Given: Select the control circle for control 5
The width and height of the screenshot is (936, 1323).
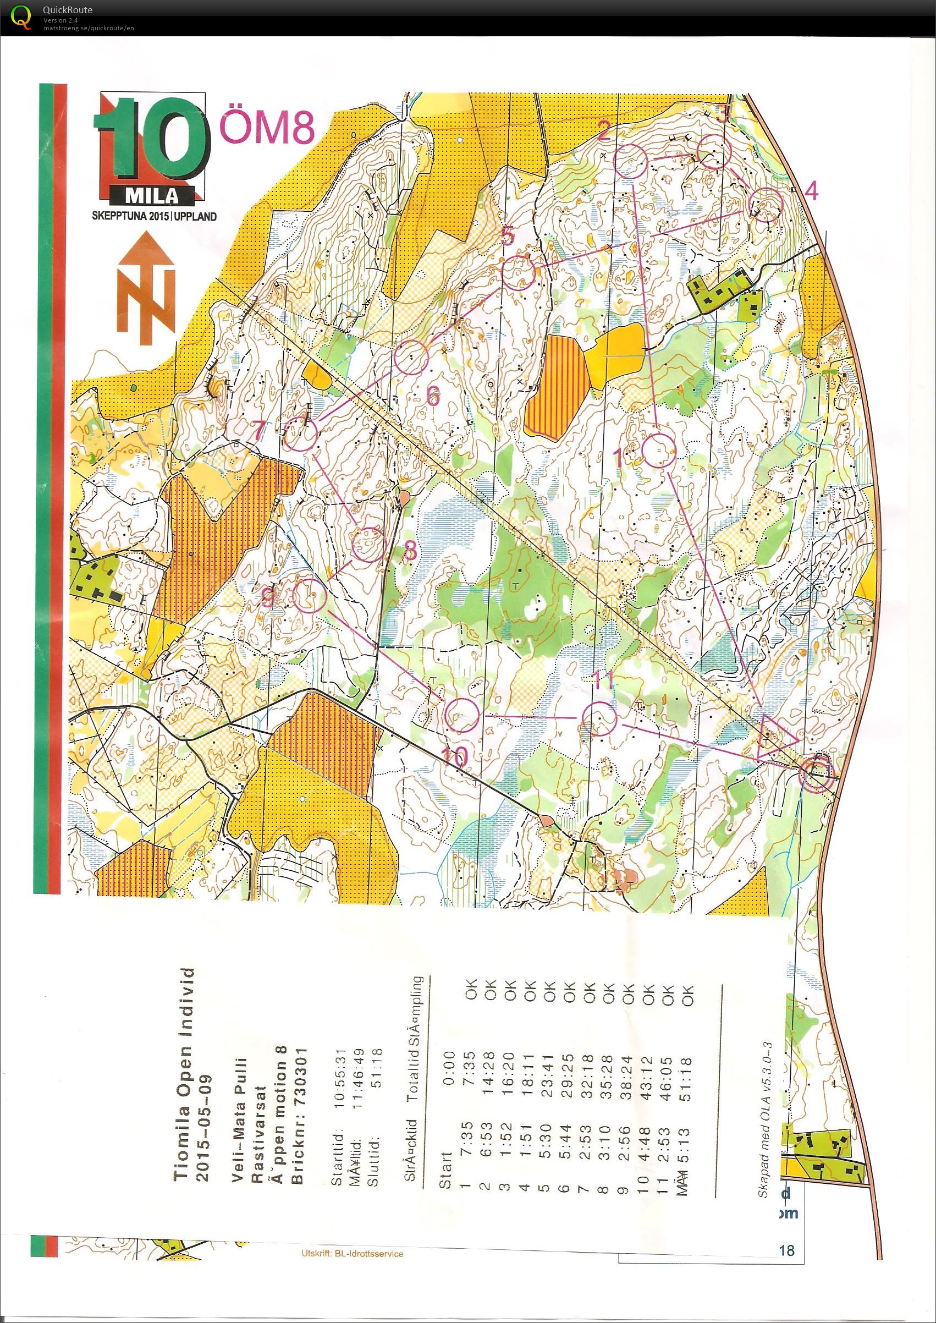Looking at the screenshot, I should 520,273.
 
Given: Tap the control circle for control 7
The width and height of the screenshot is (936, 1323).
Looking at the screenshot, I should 301,434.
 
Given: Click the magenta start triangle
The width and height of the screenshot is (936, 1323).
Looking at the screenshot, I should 775,737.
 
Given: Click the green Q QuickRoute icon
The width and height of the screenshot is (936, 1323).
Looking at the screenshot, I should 22,15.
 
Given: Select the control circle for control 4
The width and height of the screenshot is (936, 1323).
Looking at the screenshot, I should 766,205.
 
